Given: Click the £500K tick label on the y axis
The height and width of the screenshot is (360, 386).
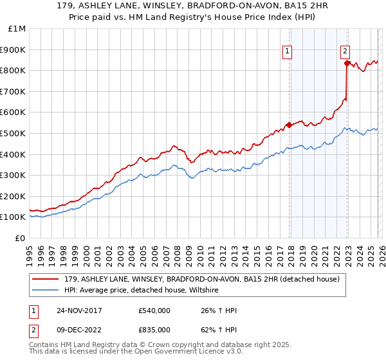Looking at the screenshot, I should [x=14, y=133].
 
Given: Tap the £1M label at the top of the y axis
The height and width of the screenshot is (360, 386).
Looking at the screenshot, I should [x=17, y=28].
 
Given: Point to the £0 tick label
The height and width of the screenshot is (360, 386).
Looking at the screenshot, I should [x=20, y=238].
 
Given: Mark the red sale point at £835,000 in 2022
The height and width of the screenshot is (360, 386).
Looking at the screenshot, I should [x=347, y=63].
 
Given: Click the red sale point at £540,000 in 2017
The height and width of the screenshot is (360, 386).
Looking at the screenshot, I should [x=289, y=125].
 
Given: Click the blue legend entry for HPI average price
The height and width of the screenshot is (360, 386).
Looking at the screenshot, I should [x=142, y=291].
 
